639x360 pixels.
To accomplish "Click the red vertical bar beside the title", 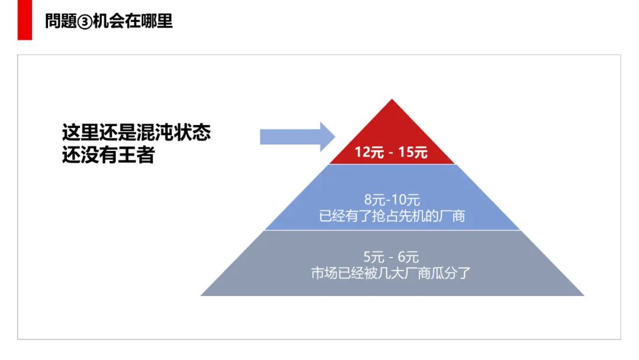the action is [24, 20].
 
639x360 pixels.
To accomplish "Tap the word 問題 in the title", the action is [62, 22].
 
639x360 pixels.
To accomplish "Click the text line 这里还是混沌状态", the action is [136, 132].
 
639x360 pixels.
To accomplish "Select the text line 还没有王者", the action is [108, 155].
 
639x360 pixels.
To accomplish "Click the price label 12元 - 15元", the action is [391, 152].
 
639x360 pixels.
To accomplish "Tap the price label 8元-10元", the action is [392, 200].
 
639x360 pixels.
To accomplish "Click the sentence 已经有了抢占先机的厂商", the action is [392, 216].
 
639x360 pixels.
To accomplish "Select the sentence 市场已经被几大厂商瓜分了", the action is [391, 274].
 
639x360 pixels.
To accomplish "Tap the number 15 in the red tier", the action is [406, 152].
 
